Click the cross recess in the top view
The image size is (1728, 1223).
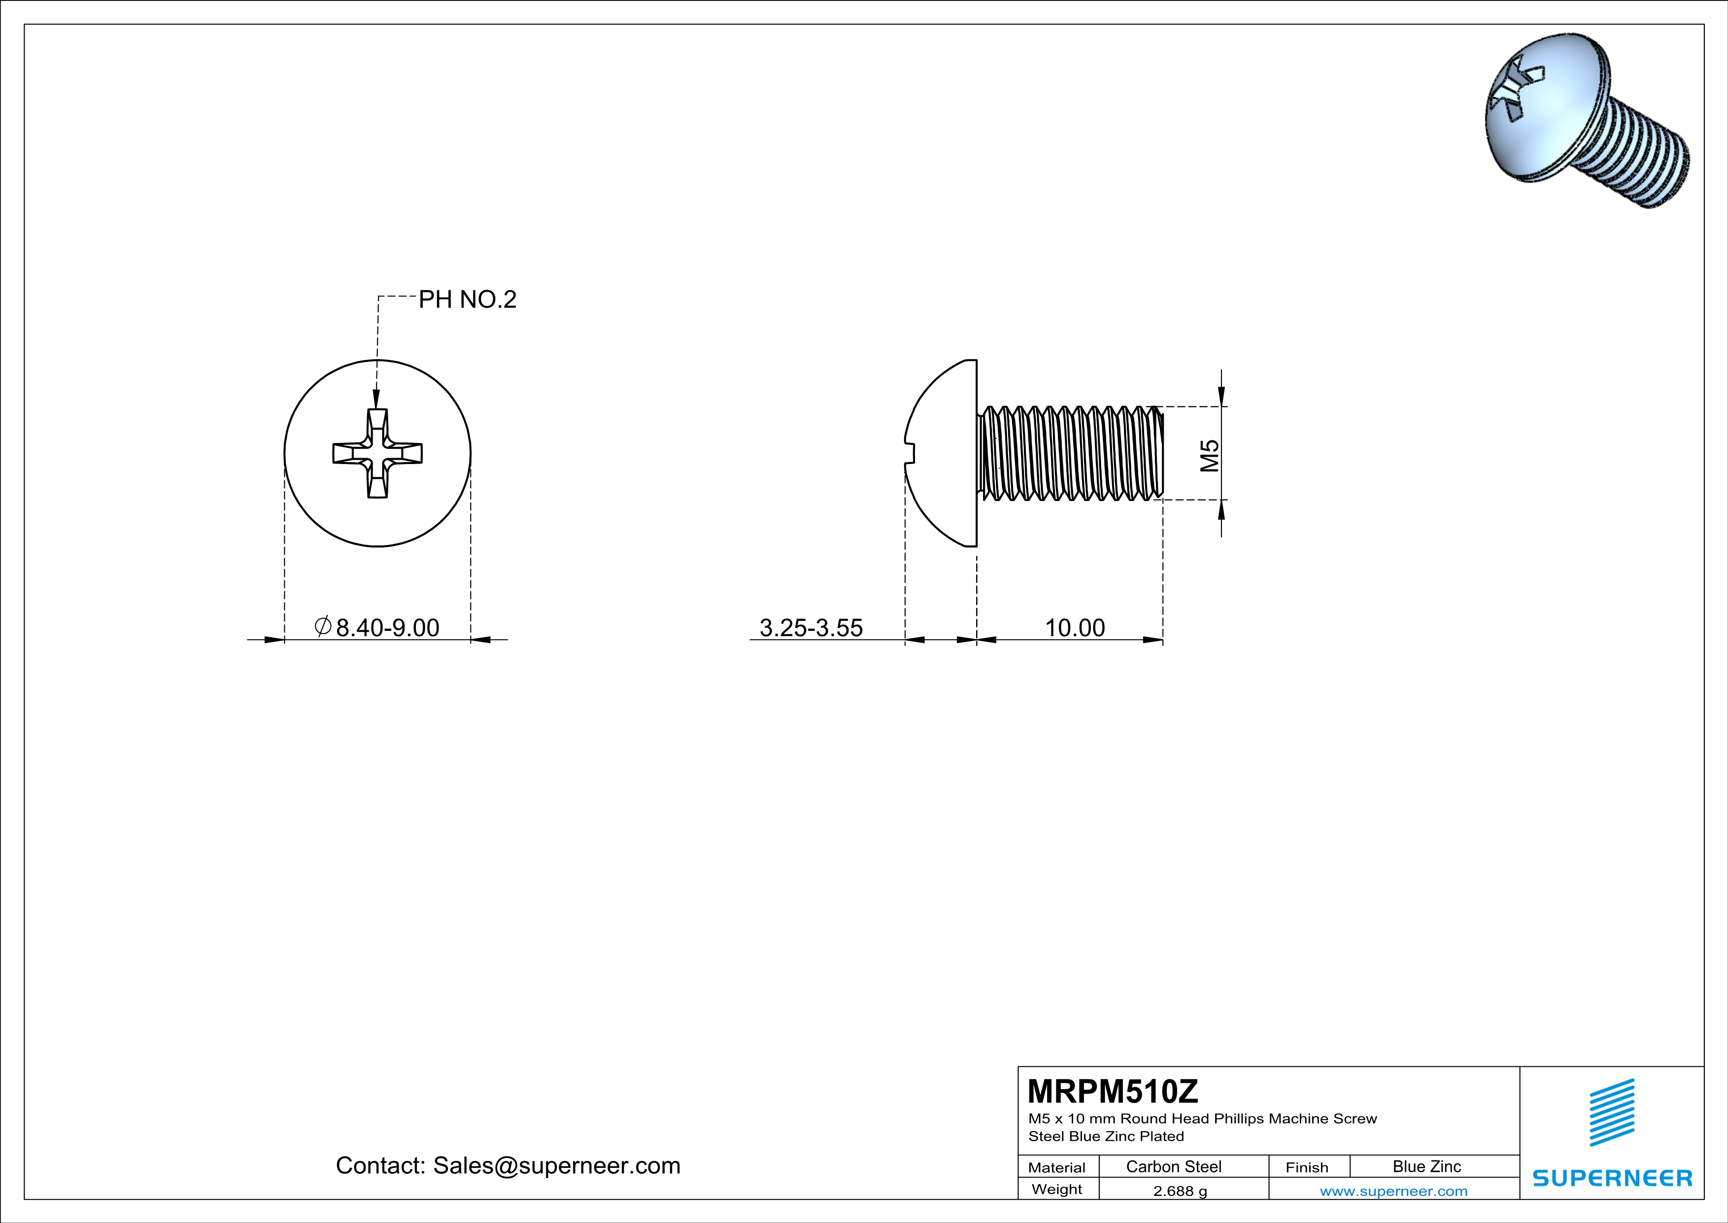[378, 453]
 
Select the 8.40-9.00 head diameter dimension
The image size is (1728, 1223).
[387, 627]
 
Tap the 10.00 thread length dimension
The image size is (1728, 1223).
[1074, 627]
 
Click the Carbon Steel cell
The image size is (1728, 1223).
[1173, 1166]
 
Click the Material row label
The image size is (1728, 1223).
[1057, 1167]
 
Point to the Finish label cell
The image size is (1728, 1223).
[1307, 1167]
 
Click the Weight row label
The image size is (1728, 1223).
[1057, 1189]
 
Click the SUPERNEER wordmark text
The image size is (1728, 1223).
[1612, 1178]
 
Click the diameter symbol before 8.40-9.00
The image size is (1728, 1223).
[322, 627]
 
